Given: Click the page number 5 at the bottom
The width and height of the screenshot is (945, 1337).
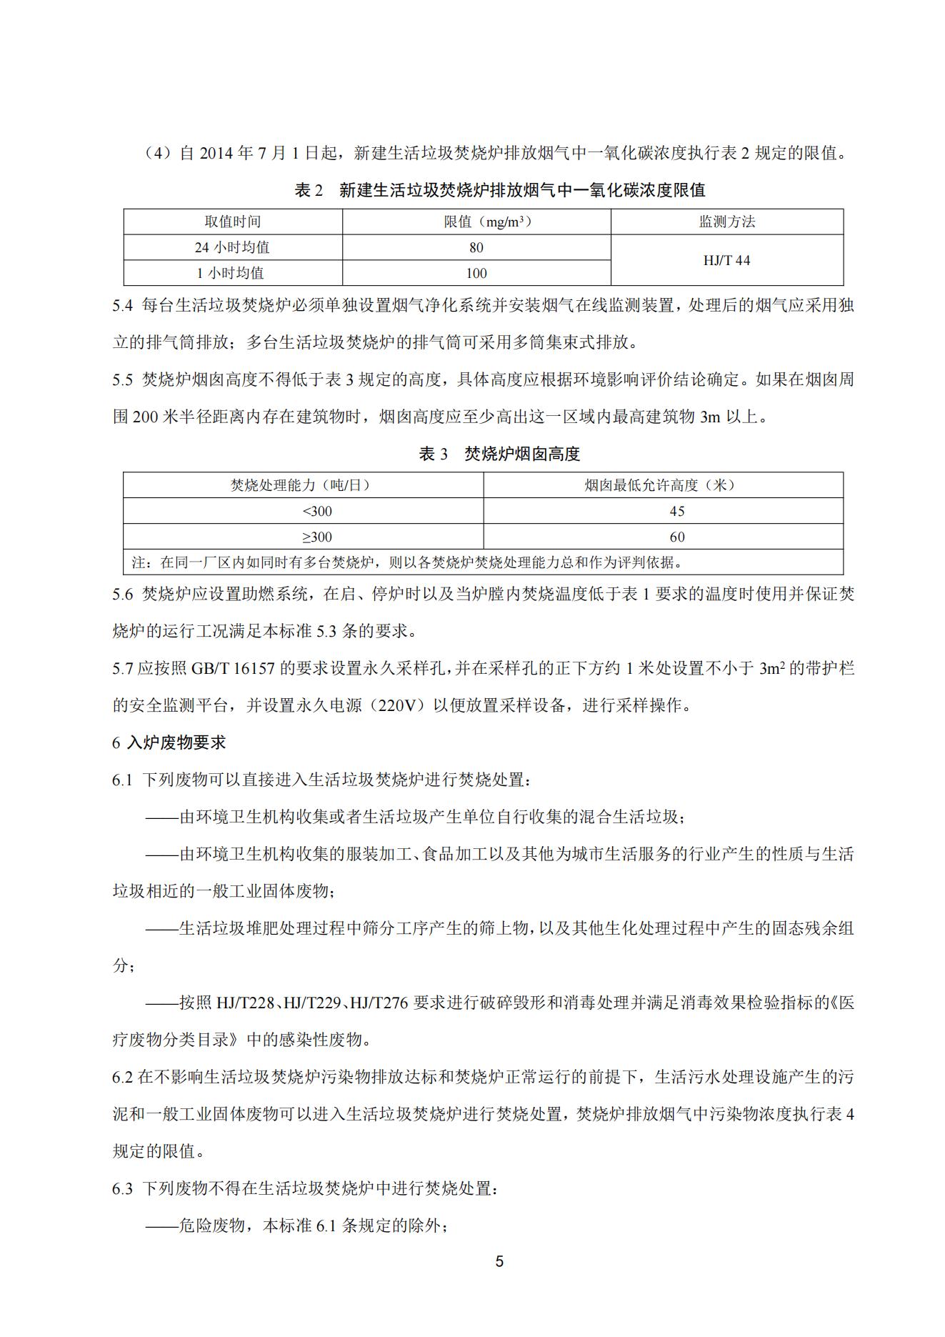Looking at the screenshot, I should click(499, 1261).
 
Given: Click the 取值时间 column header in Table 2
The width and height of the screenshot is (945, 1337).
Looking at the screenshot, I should click(233, 222).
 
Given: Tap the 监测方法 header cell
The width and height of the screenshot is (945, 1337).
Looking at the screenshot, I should click(726, 222).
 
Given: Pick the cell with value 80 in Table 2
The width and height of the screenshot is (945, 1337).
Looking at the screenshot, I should click(476, 247).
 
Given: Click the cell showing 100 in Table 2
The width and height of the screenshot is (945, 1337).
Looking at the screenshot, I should click(476, 273).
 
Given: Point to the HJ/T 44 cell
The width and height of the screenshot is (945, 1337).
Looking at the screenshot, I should click(726, 260).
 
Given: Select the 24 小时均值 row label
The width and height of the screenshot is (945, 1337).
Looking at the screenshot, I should click(233, 247).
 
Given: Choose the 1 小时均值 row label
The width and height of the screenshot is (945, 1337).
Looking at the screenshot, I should click(233, 273).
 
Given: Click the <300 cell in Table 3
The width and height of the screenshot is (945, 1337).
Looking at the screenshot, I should click(317, 511).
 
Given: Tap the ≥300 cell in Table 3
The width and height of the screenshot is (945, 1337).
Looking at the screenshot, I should click(317, 537).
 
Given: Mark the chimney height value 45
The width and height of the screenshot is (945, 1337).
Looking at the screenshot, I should click(677, 511).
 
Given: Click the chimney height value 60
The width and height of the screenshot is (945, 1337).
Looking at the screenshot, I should click(677, 537).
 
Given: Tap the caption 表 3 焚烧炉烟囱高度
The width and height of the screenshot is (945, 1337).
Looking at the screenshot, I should click(499, 454).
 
